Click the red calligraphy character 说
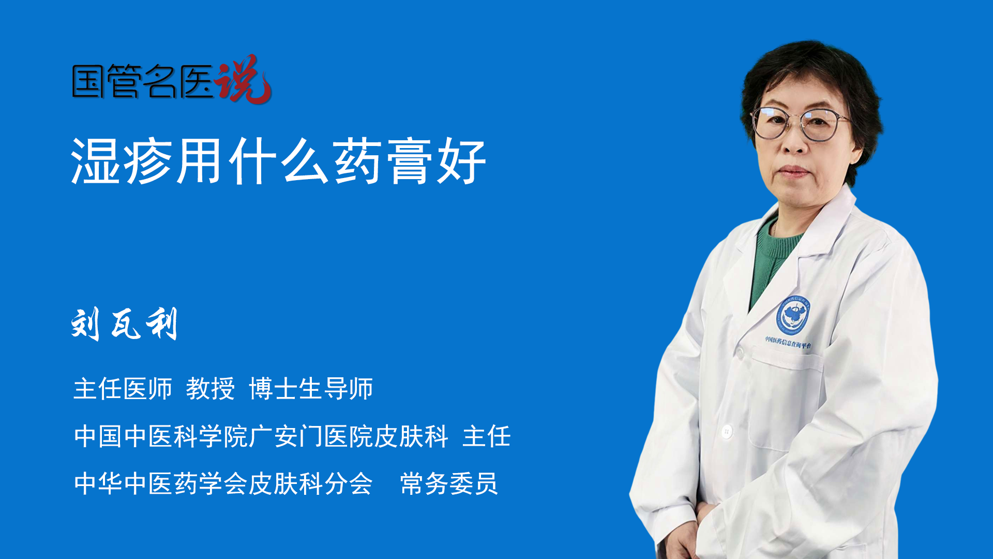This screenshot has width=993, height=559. click(243, 79)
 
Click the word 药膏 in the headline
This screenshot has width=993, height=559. click(383, 161)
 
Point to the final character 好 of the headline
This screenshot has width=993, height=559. click(461, 161)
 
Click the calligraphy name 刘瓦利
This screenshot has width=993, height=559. click(125, 324)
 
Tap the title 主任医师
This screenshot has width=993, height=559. click(123, 389)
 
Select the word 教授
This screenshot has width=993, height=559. click(210, 389)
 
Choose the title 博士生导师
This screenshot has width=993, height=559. click(311, 389)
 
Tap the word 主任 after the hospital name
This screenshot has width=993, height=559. click(487, 436)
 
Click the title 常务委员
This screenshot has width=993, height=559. click(449, 484)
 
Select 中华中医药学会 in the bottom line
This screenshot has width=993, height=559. click(160, 484)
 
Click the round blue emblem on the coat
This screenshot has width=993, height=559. click(793, 315)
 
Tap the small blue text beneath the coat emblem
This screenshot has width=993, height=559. click(788, 342)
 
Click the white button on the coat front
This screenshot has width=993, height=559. click(727, 431)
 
